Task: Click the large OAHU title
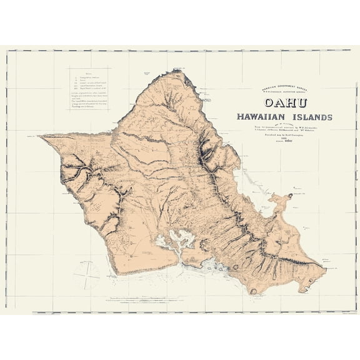[x=283, y=102]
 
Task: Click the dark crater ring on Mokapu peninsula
[x=290, y=198]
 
